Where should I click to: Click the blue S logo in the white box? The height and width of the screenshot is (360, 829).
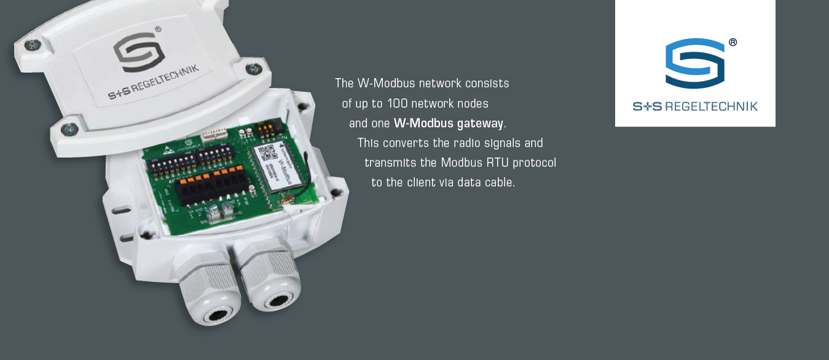(694, 63)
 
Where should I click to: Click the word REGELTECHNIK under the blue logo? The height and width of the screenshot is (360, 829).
(712, 106)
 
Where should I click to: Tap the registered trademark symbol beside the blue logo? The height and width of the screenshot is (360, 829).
(733, 42)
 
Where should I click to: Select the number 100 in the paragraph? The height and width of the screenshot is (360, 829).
(398, 103)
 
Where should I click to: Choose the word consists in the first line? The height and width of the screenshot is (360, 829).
(487, 83)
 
